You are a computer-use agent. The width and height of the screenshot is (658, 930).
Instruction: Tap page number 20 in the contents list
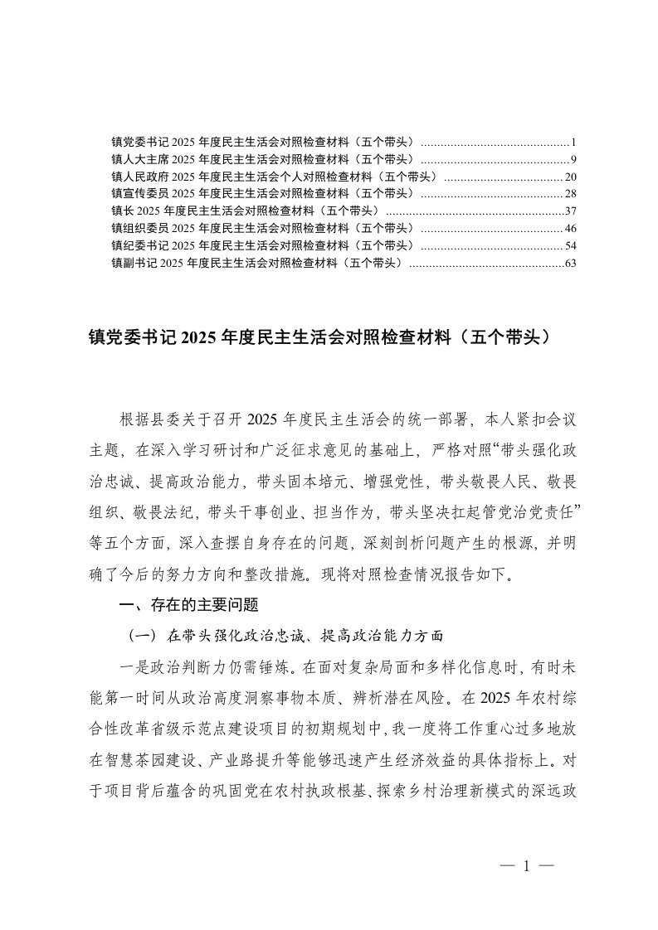click(570, 176)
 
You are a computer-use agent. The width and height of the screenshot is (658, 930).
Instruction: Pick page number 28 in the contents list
click(570, 193)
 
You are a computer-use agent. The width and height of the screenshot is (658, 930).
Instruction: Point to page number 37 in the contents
click(570, 211)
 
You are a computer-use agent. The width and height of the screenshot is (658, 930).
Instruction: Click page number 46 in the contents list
click(570, 228)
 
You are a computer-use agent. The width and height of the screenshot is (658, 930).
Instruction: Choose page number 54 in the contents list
click(570, 245)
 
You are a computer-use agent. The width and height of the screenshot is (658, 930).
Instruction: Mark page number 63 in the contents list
click(570, 263)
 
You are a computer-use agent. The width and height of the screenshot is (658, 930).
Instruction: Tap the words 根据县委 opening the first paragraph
click(150, 417)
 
